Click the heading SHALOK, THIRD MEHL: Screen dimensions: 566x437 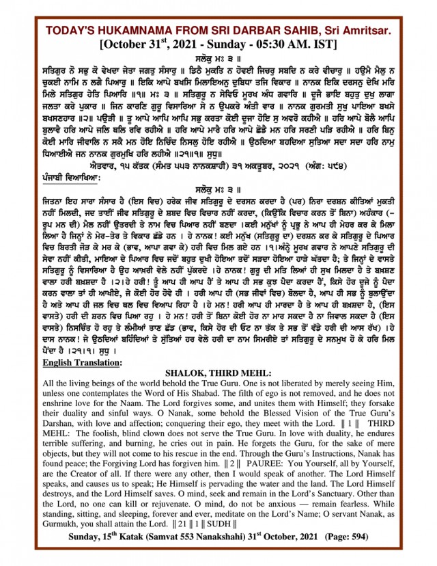click(218, 373)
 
